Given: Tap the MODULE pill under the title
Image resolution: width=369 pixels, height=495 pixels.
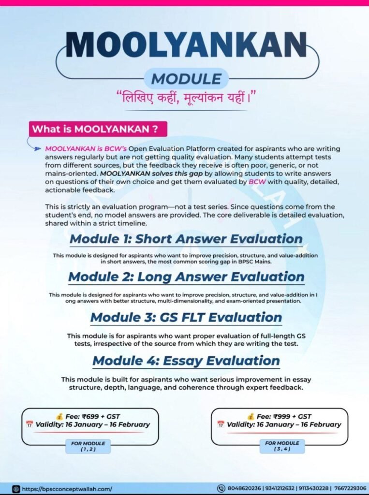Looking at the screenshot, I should pos(186,78).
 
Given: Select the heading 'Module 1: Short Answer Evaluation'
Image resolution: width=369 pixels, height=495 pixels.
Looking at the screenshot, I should pos(186,239).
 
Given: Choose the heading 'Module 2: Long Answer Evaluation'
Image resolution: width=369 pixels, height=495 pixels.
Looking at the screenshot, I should pos(186,277).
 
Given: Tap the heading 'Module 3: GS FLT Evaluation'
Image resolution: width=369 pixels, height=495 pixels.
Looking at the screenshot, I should pos(186,318).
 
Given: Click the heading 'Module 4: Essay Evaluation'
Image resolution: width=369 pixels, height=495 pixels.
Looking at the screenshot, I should pos(186,361).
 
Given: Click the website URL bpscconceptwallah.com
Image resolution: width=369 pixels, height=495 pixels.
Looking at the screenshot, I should pos(67,489).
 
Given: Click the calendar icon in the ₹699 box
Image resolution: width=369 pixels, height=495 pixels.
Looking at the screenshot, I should pos(30,424).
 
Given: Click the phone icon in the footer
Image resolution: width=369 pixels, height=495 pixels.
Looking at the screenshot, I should pos(221,489).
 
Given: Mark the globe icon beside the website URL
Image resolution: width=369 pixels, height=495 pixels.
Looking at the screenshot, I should pos(15,489).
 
